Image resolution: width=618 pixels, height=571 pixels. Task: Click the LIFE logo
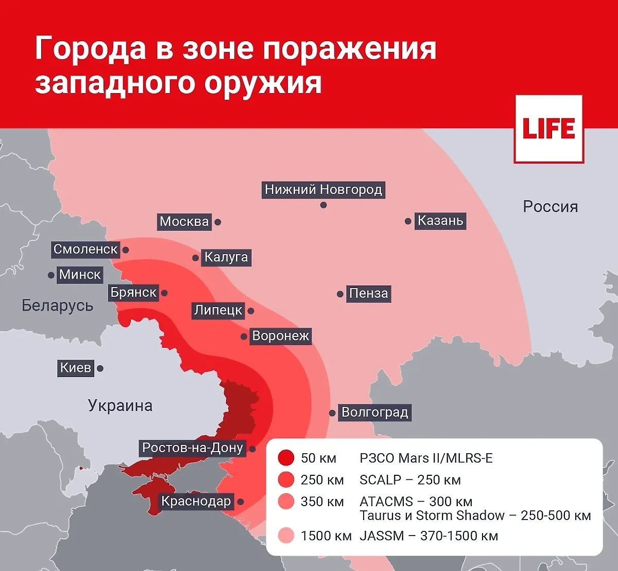(x=548, y=129)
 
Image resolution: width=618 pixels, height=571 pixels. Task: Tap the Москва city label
(x=184, y=222)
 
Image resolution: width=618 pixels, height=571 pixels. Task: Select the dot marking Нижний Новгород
(x=323, y=205)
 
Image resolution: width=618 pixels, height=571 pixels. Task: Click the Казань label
(x=440, y=221)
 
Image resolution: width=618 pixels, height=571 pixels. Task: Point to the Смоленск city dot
(x=126, y=250)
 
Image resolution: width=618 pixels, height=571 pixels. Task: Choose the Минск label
(x=80, y=275)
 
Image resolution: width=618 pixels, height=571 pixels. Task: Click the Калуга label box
(x=226, y=257)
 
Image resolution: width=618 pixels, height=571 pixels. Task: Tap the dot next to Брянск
(x=164, y=293)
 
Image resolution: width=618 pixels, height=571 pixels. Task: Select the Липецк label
(x=218, y=311)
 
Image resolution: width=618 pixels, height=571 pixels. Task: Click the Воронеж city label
(x=281, y=336)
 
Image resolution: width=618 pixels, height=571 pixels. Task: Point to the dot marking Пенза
(x=340, y=294)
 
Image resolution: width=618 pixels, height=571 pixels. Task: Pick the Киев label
(x=76, y=368)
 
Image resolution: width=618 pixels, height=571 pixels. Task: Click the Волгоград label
(x=374, y=413)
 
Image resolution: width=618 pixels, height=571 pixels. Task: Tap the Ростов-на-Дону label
(x=193, y=448)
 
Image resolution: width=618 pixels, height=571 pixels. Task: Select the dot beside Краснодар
(x=241, y=502)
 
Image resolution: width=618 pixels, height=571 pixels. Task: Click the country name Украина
(x=120, y=406)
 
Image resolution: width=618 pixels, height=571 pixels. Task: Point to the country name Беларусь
(x=57, y=306)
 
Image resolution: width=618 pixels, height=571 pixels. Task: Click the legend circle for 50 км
(x=286, y=458)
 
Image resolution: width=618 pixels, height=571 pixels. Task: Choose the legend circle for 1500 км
(x=286, y=536)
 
